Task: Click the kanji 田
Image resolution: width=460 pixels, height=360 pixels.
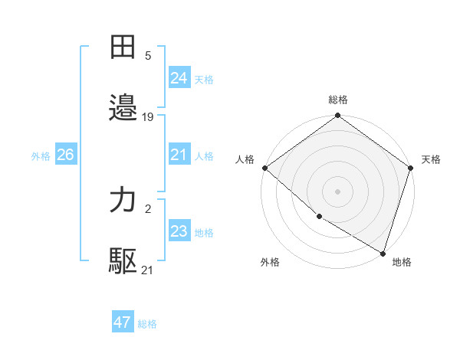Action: click(123, 47)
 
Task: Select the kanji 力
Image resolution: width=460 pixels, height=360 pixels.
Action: click(123, 201)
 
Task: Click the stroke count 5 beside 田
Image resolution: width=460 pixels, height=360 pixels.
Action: click(148, 56)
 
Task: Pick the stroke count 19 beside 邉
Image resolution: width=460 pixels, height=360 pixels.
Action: click(148, 117)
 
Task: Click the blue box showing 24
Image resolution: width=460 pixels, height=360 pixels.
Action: click(179, 78)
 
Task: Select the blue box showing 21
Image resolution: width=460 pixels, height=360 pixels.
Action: click(179, 155)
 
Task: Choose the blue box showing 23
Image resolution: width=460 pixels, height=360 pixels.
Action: click(179, 231)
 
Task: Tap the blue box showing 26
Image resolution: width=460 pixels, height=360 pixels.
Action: click(65, 155)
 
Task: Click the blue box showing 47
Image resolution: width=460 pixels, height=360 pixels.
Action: click(123, 322)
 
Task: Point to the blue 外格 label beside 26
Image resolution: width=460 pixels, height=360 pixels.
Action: click(41, 156)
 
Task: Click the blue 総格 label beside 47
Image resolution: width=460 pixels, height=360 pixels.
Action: click(147, 324)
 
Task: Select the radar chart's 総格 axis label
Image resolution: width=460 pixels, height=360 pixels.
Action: click(338, 100)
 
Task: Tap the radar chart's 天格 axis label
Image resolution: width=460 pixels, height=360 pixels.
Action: click(431, 159)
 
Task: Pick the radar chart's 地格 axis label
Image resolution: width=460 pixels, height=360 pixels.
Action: click(402, 262)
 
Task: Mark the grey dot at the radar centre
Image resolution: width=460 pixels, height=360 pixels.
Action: click(338, 191)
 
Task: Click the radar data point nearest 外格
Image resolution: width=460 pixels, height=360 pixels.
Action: click(319, 217)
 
